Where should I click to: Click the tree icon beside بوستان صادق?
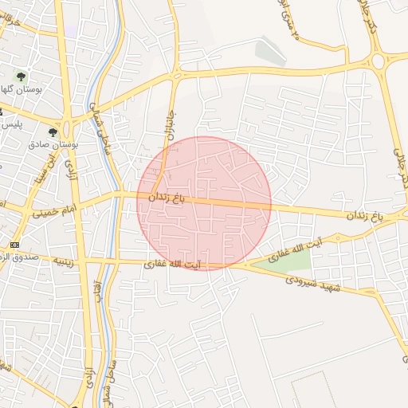click(53, 132)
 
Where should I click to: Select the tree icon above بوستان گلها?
click(21, 77)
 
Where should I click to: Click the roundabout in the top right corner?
click(379, 61)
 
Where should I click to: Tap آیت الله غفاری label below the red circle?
click(172, 263)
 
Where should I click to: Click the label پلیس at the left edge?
click(10, 125)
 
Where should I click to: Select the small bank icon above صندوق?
click(14, 244)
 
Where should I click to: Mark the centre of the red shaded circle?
click(204, 203)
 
